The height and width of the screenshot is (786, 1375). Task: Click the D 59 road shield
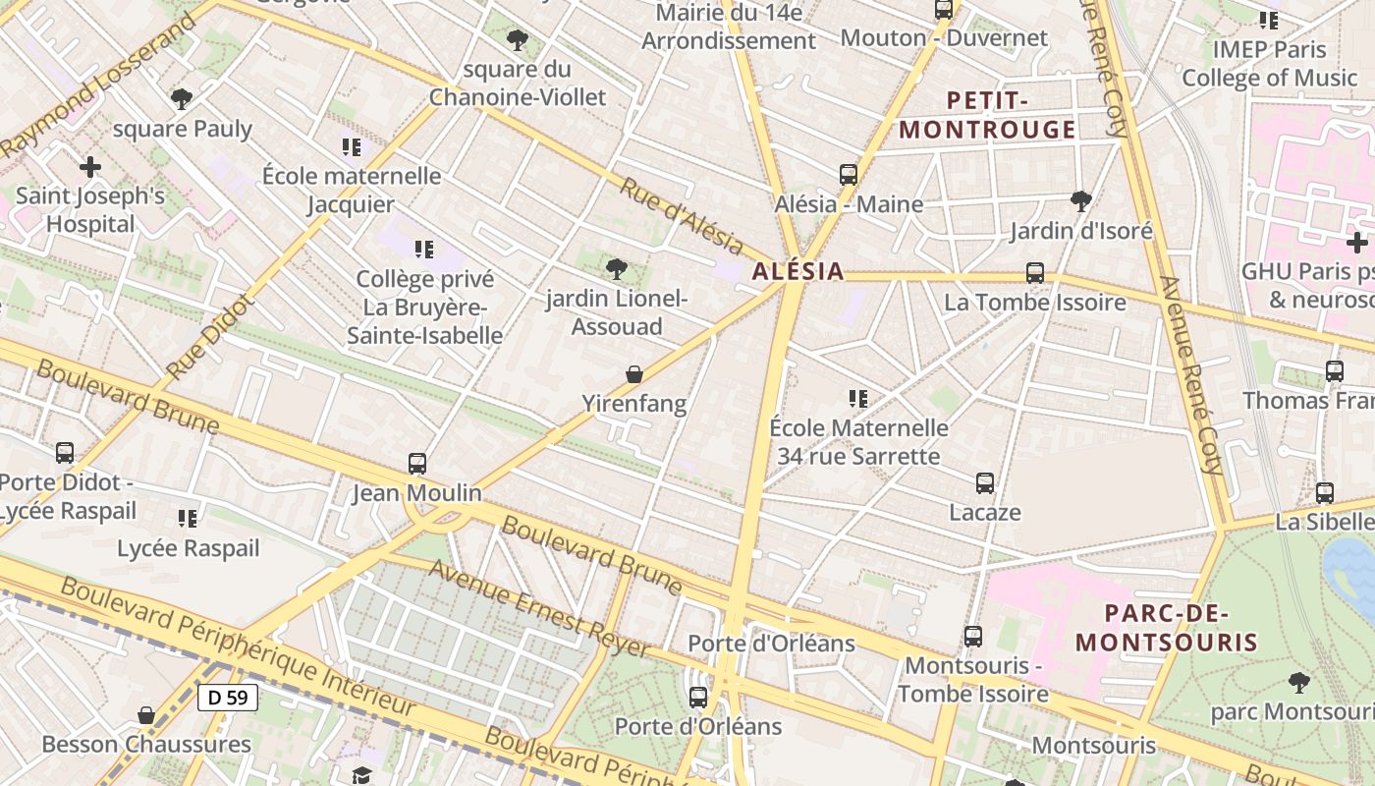(228, 698)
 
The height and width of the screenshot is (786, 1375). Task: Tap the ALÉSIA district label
(797, 271)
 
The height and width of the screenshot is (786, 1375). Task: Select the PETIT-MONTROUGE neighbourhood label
(988, 115)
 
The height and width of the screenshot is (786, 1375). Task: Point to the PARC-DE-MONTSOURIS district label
(1166, 628)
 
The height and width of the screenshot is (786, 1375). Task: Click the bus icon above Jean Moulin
(417, 463)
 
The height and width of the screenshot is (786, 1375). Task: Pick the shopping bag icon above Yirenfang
(634, 374)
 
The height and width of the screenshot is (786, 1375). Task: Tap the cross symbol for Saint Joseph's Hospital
(90, 167)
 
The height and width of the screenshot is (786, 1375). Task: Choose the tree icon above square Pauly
(181, 98)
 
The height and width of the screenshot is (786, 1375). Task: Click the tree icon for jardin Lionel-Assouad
(617, 268)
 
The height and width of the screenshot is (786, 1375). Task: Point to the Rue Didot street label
(210, 338)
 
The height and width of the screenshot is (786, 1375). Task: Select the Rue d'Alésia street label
(681, 214)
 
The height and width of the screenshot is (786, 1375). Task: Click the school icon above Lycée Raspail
(188, 518)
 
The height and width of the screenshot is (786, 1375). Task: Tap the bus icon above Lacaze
(985, 482)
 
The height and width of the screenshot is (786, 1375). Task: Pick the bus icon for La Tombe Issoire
(1035, 272)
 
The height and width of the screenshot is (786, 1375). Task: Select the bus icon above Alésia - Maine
(849, 175)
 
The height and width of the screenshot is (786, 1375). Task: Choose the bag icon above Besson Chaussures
(146, 714)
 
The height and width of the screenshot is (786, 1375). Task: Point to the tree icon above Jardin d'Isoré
(1081, 201)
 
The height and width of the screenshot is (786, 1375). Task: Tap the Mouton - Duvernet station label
(945, 38)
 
